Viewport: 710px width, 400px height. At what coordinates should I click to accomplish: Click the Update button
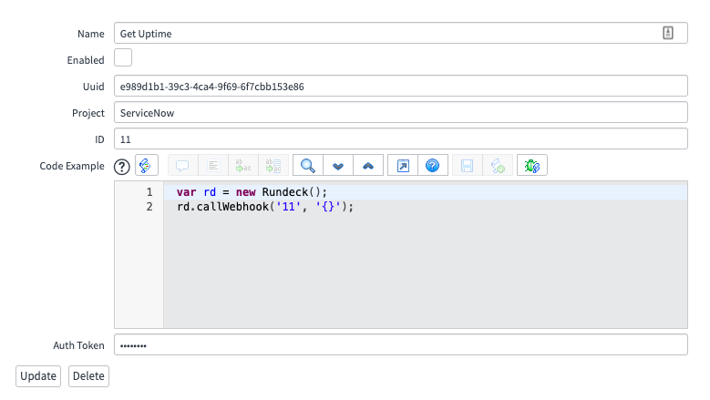click(38, 376)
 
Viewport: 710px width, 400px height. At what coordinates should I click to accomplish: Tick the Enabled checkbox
click(123, 58)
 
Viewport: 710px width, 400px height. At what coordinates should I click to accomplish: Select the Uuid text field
click(401, 86)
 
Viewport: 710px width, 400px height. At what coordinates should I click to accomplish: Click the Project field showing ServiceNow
click(401, 112)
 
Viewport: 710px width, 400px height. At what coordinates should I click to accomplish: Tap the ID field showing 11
click(401, 138)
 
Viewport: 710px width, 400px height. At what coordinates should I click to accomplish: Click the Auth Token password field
click(401, 344)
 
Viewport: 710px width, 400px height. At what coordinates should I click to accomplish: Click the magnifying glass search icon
click(308, 166)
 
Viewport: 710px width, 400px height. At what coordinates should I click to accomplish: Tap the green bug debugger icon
click(532, 166)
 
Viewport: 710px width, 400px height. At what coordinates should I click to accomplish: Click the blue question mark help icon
click(432, 166)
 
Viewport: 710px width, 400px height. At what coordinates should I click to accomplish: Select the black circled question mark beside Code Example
click(122, 167)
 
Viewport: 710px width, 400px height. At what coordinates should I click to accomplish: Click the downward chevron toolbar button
click(338, 166)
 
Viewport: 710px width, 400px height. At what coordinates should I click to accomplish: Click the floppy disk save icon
click(467, 166)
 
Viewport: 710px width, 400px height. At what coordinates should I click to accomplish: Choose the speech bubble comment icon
click(182, 166)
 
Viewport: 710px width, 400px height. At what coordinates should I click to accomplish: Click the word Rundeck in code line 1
click(284, 192)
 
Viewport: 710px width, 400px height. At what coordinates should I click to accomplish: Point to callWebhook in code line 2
click(232, 207)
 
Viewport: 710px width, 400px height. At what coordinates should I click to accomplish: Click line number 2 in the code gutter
click(149, 207)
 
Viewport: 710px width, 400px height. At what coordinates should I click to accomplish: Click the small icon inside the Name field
click(668, 33)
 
